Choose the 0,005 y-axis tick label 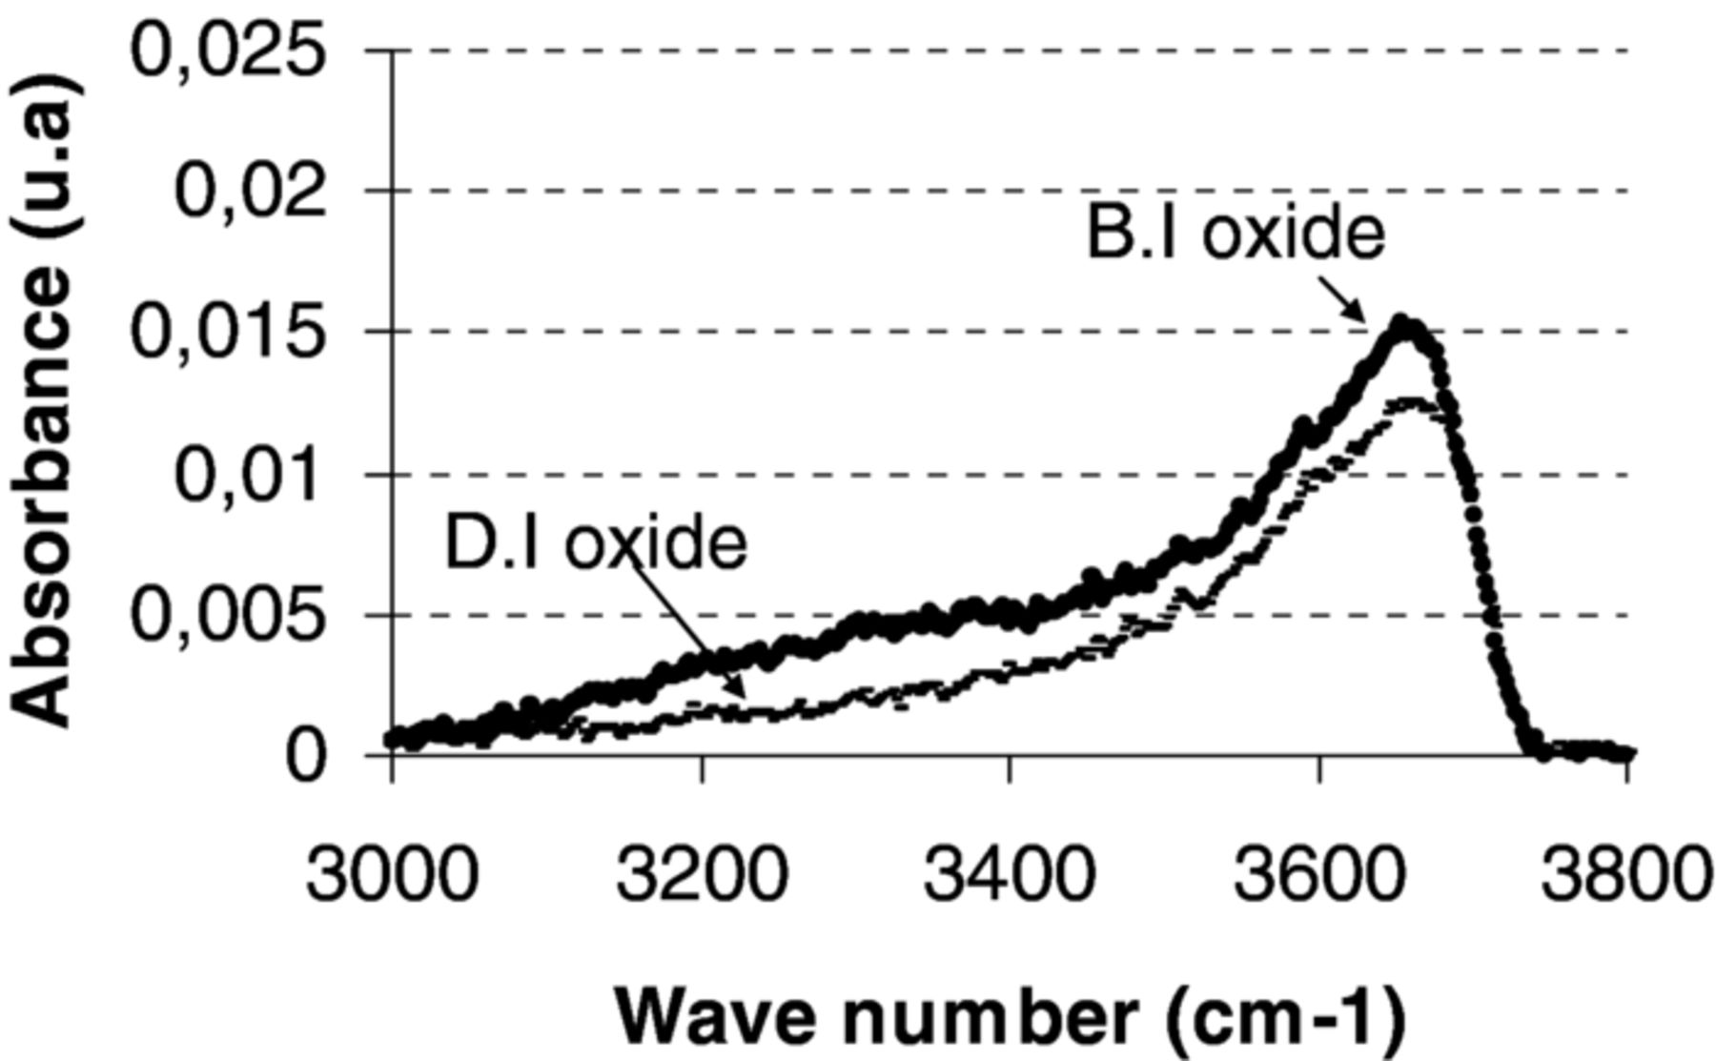click(227, 615)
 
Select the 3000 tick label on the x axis click(390, 874)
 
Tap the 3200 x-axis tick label click(702, 874)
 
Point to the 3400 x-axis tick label click(1010, 874)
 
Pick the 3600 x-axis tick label click(1319, 874)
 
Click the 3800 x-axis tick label click(1624, 874)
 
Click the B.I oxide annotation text click(1236, 233)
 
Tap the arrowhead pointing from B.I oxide click(1360, 316)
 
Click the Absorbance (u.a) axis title click(42, 400)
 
